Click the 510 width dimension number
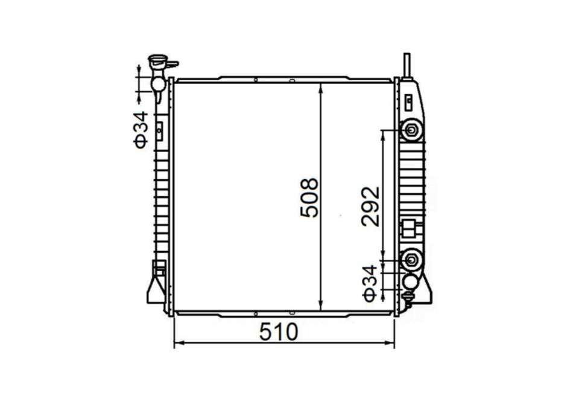click(279, 332)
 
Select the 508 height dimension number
click(309, 197)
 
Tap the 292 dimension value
click(371, 206)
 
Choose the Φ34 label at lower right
click(370, 282)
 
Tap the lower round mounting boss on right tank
click(411, 260)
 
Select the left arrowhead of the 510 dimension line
click(178, 343)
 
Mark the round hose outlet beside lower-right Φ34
click(411, 281)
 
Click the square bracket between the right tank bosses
click(409, 228)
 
